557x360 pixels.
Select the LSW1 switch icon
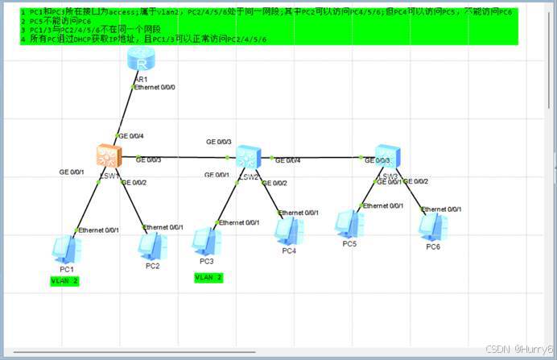point(107,157)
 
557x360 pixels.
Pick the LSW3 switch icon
point(388,157)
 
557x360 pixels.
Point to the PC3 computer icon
point(205,242)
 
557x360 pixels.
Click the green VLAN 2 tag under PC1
point(65,280)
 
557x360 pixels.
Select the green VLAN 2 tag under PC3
point(208,277)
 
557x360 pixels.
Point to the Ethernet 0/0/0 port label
point(155,86)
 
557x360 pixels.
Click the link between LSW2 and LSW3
point(322,157)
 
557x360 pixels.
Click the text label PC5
point(349,243)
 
